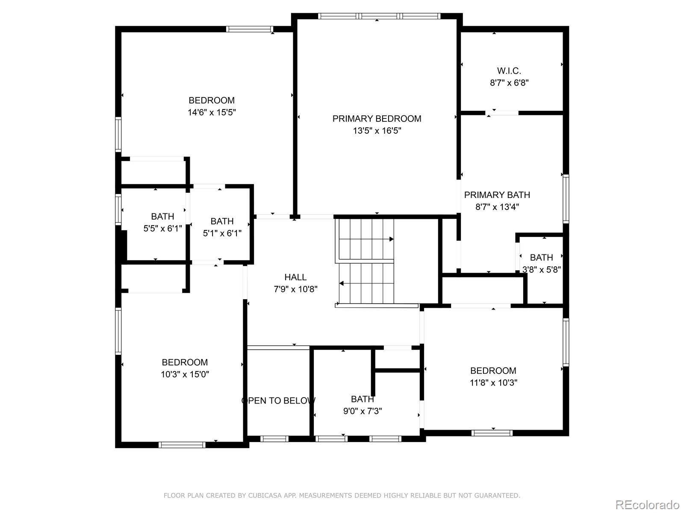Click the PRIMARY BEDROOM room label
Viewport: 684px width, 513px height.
coord(377,119)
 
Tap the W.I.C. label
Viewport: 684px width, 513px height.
coord(509,71)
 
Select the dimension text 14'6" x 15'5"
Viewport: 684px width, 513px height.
coord(212,112)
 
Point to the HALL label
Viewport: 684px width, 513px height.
coord(295,277)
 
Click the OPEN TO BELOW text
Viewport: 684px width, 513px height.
coord(278,401)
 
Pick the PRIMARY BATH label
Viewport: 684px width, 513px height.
coord(497,195)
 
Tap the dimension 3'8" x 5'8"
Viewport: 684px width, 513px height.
coord(541,269)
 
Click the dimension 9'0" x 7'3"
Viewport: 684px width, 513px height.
coord(363,411)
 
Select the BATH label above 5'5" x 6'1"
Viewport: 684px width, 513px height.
coord(162,216)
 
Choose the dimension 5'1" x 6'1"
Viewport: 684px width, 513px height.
coord(222,233)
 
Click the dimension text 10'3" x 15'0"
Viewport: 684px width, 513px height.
coord(185,374)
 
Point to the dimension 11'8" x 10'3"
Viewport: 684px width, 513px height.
coord(493,383)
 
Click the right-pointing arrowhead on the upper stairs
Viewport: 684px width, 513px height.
coord(392,239)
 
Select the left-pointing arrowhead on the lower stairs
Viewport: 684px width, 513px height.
coord(341,283)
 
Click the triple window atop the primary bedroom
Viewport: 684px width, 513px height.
coord(379,16)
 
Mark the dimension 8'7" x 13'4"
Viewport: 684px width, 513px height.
coord(497,207)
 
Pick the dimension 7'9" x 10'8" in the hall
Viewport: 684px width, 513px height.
coord(295,289)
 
